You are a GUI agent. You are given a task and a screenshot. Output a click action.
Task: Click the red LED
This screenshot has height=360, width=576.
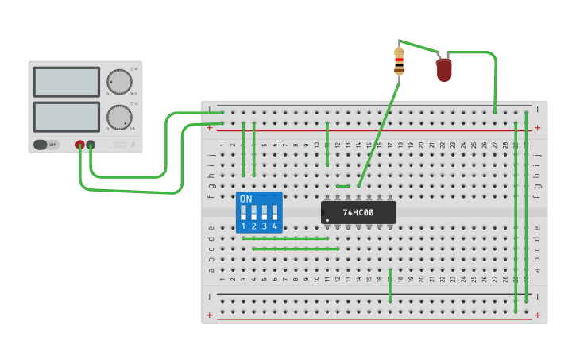[x=443, y=69]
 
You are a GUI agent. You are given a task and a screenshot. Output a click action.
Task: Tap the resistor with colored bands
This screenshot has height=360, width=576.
[x=399, y=61]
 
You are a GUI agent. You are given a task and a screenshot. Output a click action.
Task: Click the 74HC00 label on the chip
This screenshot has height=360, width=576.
[x=358, y=212]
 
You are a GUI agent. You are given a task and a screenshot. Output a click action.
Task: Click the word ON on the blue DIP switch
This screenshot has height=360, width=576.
[x=245, y=199]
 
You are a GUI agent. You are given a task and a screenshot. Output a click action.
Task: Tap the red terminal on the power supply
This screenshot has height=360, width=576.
[x=80, y=145]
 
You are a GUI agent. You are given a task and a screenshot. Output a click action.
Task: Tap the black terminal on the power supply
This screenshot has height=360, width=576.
[x=91, y=145]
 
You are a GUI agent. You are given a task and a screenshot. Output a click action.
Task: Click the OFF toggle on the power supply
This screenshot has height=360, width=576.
[x=46, y=145]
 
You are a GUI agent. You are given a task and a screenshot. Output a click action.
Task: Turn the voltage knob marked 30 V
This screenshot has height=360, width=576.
[x=119, y=81]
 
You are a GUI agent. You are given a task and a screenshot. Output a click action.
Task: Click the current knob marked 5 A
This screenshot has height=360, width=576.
[x=119, y=117]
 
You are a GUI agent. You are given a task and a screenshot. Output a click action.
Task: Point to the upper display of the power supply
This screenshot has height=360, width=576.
[x=67, y=82]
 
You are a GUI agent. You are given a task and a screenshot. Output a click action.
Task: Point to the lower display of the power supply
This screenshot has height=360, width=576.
[x=67, y=117]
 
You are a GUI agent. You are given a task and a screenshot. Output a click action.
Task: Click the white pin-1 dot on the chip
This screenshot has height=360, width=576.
[x=327, y=219]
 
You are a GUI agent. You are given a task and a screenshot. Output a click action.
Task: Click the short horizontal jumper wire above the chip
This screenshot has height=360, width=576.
[x=342, y=186]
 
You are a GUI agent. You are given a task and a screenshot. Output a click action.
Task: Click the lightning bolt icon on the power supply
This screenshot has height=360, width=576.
[x=132, y=145]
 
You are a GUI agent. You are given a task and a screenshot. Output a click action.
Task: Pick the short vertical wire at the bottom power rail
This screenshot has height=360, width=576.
[x=390, y=286]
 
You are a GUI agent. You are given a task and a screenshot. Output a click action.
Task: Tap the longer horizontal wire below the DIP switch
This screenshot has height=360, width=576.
[x=296, y=249]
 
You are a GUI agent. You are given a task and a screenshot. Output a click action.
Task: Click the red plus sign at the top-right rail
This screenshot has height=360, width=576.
[x=538, y=127]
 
